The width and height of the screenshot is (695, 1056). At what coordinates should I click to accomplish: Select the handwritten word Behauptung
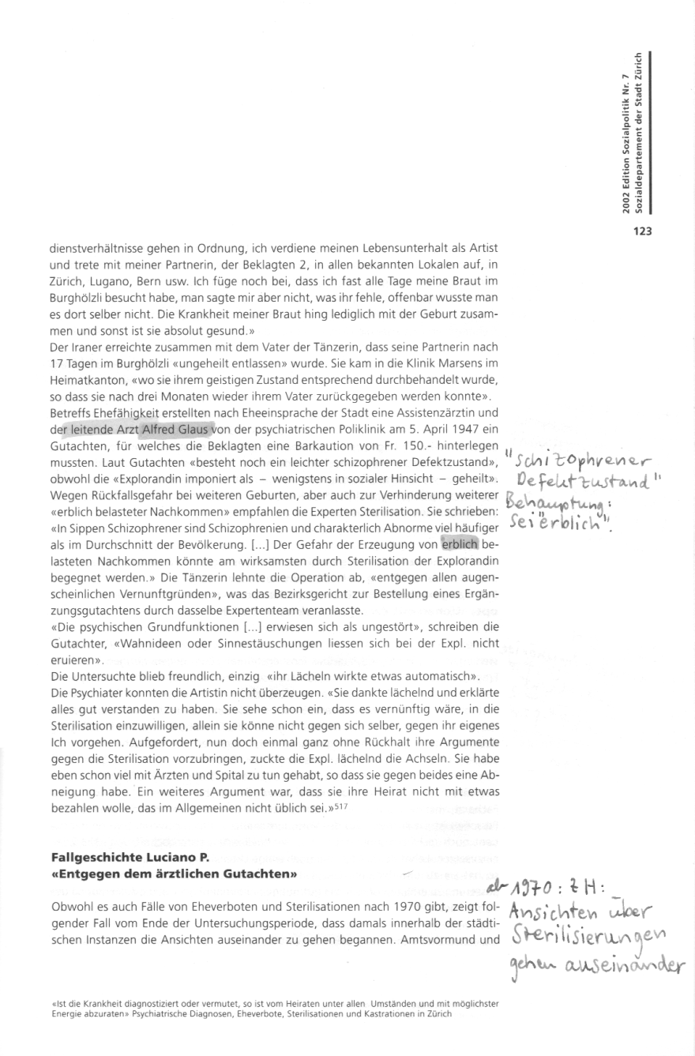555,501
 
